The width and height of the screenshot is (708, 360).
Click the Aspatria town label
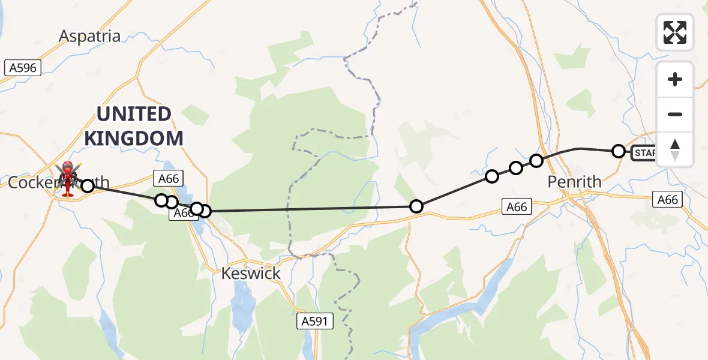89,36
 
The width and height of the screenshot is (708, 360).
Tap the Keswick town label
251,274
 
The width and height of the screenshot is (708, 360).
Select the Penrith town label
575,181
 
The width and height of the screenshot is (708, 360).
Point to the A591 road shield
315,322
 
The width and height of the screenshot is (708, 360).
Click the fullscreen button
675,32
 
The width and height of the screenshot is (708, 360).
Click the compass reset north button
675,149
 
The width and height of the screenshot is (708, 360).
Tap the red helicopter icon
67,178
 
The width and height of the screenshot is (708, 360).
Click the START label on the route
645,153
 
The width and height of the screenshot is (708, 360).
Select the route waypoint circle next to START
619,151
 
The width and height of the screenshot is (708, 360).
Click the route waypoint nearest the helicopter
88,185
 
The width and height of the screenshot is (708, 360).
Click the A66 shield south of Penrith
516,207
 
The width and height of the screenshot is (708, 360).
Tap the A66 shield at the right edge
667,199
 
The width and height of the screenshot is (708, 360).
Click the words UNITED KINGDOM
133,126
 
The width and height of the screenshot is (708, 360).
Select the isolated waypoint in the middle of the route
416,207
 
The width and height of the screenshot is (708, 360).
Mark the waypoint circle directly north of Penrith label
537,161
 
